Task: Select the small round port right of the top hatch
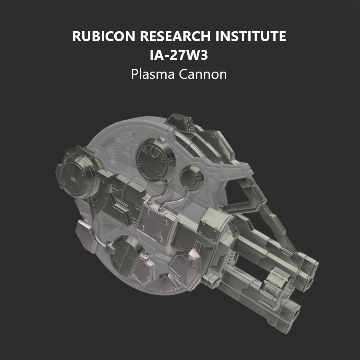[192, 176]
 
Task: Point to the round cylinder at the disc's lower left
[126, 252]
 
